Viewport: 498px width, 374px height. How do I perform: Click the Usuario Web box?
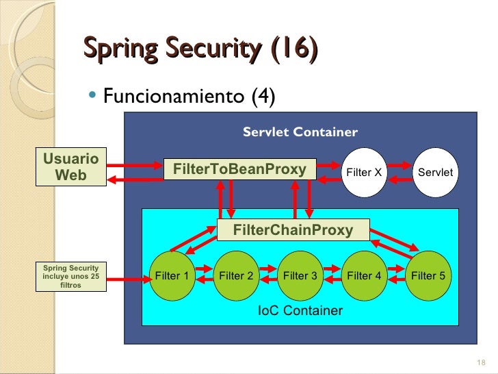click(x=70, y=167)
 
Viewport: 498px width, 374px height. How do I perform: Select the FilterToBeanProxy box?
click(x=239, y=169)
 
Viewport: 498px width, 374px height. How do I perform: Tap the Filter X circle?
click(x=364, y=172)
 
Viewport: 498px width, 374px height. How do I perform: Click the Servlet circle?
click(x=435, y=172)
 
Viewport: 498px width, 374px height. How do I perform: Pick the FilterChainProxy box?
click(x=293, y=229)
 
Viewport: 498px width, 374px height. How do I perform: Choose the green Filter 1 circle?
click(x=172, y=276)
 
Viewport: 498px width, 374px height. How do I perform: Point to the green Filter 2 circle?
click(x=236, y=276)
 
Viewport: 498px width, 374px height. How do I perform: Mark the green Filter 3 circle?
click(x=300, y=276)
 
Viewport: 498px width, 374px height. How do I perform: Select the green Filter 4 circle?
click(x=364, y=276)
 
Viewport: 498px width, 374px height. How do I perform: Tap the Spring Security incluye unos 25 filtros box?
click(x=70, y=276)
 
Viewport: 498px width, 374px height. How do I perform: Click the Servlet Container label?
click(x=300, y=132)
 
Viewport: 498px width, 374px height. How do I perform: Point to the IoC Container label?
click(x=300, y=311)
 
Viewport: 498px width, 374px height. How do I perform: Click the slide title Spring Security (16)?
click(x=200, y=49)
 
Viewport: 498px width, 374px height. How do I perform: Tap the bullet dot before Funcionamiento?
click(x=94, y=96)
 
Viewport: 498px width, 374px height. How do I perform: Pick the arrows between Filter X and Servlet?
click(x=399, y=172)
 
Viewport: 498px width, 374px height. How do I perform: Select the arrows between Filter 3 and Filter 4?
click(x=332, y=276)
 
